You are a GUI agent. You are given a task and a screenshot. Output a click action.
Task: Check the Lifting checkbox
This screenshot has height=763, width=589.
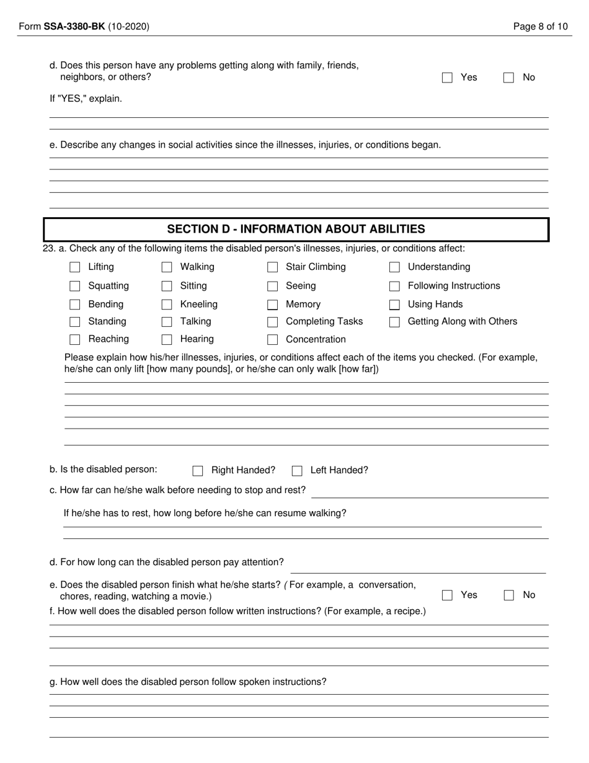(x=75, y=267)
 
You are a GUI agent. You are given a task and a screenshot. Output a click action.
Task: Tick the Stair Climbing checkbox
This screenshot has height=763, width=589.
(x=272, y=267)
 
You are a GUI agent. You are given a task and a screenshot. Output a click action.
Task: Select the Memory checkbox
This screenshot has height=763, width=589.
(x=272, y=305)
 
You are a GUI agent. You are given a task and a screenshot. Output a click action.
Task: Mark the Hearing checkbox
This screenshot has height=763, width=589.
(x=167, y=339)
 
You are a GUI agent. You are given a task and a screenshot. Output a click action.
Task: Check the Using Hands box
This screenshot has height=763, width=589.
(x=394, y=305)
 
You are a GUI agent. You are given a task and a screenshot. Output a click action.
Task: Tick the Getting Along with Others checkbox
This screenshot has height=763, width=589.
(x=394, y=322)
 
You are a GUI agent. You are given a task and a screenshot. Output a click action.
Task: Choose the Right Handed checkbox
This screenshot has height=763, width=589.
(x=198, y=471)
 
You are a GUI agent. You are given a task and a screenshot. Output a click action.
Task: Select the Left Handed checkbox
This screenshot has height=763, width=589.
(x=297, y=471)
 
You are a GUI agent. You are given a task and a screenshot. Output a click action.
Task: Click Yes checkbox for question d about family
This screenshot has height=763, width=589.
(x=447, y=78)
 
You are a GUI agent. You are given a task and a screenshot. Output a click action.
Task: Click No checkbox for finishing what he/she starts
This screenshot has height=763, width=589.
(x=509, y=596)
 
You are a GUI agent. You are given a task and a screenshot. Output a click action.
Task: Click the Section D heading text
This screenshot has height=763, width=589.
(x=296, y=229)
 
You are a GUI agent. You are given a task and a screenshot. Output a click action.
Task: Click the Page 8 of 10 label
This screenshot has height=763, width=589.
(x=541, y=27)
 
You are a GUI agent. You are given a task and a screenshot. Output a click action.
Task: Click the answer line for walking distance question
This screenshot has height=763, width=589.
(x=429, y=491)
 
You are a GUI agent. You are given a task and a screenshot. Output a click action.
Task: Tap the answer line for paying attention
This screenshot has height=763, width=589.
(x=418, y=566)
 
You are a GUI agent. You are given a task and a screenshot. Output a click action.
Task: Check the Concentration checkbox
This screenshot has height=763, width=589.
(x=272, y=339)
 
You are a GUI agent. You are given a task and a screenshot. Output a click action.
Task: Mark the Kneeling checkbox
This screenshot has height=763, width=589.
(x=167, y=305)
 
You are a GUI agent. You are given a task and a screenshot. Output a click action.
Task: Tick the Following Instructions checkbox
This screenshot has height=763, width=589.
(x=394, y=286)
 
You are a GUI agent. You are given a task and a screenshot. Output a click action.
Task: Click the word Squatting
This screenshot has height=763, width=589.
(x=108, y=286)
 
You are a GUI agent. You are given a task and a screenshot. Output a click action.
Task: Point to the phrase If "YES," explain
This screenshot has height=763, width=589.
(x=86, y=99)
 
